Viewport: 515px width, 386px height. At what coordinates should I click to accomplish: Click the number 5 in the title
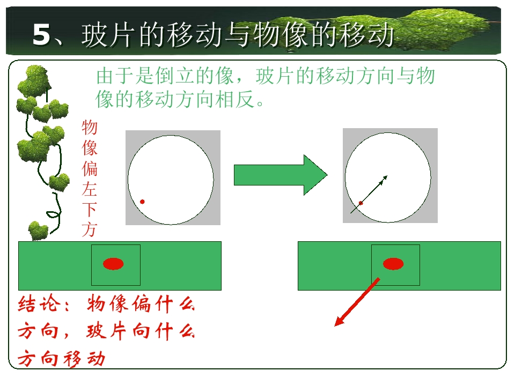[42, 34]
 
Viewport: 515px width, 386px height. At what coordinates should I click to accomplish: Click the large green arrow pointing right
[281, 175]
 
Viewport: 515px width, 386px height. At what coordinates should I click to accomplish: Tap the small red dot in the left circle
[142, 202]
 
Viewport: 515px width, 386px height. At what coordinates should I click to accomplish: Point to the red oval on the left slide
[113, 264]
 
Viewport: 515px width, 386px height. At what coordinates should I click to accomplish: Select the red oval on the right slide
[393, 264]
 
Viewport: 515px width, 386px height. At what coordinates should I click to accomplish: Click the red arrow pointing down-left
[357, 302]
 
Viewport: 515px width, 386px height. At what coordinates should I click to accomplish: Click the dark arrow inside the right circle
[369, 194]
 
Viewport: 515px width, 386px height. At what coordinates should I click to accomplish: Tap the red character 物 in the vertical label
[90, 128]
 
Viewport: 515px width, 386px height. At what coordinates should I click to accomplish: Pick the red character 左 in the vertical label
[90, 189]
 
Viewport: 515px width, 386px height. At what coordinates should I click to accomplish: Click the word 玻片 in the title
[108, 34]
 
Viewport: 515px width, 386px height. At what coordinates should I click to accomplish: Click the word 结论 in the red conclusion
[39, 303]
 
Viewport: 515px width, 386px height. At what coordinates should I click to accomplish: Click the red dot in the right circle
[360, 203]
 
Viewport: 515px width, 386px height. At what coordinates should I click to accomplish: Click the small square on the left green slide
[116, 265]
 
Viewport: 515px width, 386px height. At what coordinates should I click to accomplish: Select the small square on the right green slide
[395, 265]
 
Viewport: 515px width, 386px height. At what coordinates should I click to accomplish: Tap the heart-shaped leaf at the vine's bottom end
[38, 231]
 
